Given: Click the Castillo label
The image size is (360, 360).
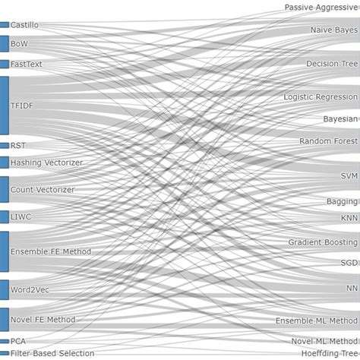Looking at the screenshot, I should [24, 25].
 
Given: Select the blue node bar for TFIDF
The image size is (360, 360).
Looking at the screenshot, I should [5, 106].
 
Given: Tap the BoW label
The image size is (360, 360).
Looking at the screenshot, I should [19, 44].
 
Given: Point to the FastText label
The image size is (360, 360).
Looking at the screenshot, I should [27, 65].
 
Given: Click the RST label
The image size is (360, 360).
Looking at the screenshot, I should [18, 145].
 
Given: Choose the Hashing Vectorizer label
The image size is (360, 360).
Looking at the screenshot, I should [46, 163].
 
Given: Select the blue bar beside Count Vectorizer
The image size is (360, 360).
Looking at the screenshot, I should [5, 189].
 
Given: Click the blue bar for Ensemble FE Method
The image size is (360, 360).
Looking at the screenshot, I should [5, 251].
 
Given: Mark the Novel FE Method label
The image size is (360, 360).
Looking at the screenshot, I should [43, 320].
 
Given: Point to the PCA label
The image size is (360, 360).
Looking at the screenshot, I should [18, 342].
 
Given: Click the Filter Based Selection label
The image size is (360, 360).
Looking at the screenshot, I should [52, 353].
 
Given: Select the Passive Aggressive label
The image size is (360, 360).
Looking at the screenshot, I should [321, 8].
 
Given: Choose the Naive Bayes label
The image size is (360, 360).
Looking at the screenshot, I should [333, 30].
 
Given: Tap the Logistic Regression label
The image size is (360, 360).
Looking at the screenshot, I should [321, 97].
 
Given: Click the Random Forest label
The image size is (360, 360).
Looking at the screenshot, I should [328, 141].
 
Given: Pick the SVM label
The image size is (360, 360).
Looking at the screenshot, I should [349, 175].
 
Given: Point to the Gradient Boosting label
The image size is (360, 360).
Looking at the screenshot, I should [323, 242].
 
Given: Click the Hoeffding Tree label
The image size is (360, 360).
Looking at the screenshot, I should [329, 353].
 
